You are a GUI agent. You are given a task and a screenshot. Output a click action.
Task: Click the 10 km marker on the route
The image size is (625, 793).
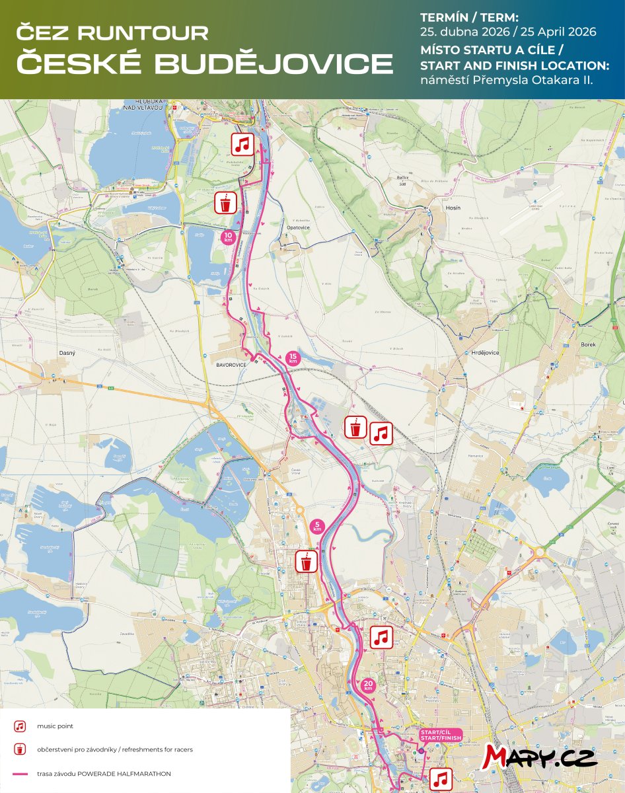pos(227,237)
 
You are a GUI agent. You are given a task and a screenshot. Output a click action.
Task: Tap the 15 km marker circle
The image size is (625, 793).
pos(293,358)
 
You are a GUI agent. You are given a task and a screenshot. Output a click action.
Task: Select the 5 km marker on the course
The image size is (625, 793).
pos(317,527)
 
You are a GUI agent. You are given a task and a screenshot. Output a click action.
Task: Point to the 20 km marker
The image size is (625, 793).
pos(369,685)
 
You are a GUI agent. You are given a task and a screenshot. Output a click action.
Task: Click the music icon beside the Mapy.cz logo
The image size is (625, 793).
pos(442,778)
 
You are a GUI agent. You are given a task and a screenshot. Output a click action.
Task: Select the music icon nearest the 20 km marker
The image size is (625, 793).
pos(381,638)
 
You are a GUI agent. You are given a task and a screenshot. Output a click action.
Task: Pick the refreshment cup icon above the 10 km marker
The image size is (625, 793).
pos(226,203)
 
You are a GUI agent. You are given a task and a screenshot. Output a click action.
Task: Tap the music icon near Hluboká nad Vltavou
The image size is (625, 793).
pos(243,143)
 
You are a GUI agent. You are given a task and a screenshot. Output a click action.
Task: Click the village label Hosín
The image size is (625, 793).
pos(454,208)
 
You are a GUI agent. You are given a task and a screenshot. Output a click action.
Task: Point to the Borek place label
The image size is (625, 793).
pos(588,344)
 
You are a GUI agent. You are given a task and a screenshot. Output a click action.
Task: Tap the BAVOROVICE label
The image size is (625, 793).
pos(231,364)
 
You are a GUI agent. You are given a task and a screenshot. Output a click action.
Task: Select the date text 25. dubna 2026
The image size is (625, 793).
pos(465,32)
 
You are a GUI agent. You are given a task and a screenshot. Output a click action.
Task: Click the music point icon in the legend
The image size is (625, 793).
pos(20,726)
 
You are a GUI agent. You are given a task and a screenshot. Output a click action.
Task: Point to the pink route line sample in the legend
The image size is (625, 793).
pos(20,773)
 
